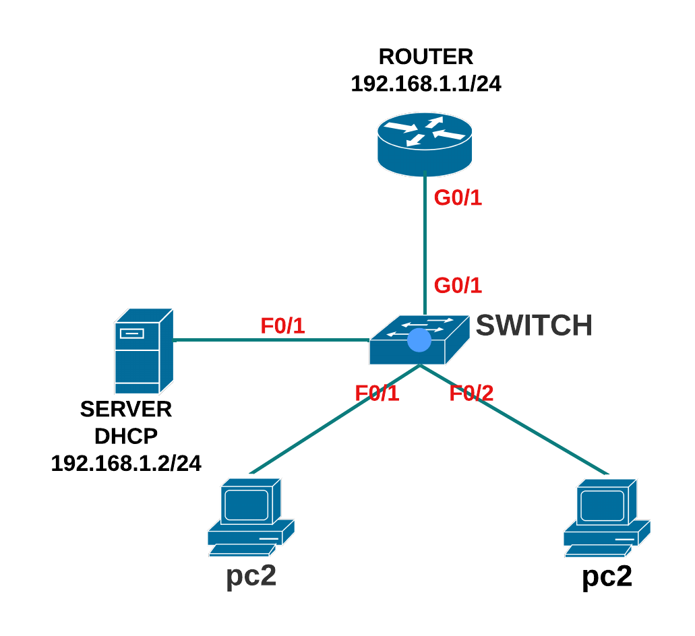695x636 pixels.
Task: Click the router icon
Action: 425,144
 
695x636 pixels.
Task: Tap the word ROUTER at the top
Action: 426,56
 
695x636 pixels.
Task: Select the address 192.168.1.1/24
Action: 426,84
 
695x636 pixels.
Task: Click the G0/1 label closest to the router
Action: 458,198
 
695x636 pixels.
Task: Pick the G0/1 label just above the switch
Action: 458,285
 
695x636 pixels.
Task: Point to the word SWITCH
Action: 534,325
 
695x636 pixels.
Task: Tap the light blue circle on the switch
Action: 419,340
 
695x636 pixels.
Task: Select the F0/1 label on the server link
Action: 283,326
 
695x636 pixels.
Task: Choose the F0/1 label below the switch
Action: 377,393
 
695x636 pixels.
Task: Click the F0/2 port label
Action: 472,393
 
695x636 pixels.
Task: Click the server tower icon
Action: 144,351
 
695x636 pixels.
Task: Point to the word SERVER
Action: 126,409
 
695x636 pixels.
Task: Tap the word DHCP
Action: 126,436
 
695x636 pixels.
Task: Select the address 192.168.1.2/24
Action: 126,463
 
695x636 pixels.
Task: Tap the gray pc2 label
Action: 251,577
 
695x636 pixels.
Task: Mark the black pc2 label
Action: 607,577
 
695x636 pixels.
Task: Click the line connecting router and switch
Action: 425,243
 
